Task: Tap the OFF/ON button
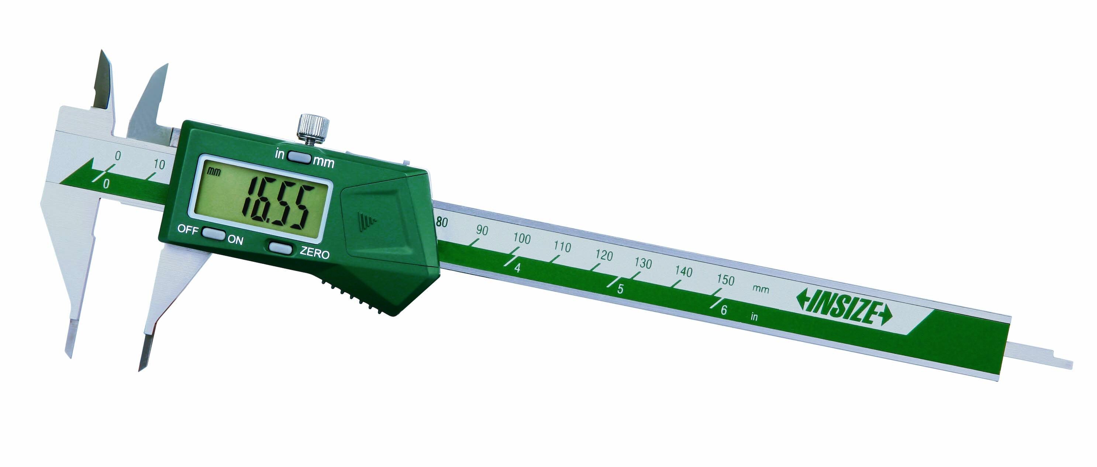[213, 234]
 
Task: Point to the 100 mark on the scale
[521, 238]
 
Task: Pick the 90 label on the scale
[482, 230]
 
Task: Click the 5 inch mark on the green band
[620, 288]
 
